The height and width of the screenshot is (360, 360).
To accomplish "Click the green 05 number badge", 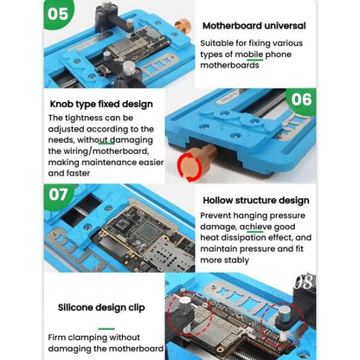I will click(25, 15).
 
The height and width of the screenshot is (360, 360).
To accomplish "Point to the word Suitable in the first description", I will click(220, 41).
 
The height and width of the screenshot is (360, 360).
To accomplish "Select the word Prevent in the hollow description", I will click(221, 214).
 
